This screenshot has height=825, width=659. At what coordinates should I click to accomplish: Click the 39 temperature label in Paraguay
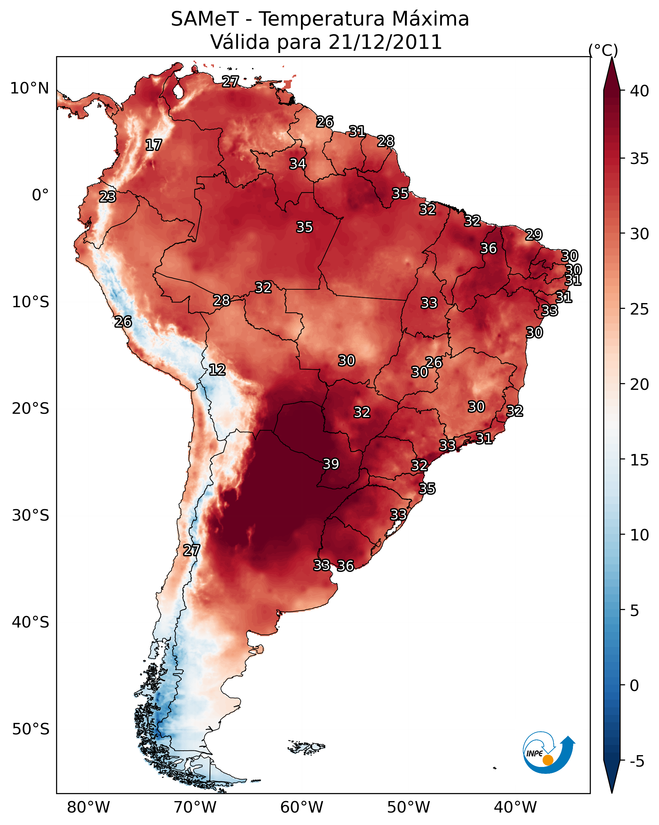(x=331, y=464)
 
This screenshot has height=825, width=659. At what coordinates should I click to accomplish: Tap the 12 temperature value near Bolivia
(x=217, y=370)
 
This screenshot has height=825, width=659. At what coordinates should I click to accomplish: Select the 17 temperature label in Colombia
(x=154, y=145)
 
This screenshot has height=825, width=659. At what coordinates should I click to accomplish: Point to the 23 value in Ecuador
(x=107, y=197)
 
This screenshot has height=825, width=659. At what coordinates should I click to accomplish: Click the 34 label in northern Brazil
(x=297, y=164)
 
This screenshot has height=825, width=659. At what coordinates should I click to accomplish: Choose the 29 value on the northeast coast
(x=534, y=234)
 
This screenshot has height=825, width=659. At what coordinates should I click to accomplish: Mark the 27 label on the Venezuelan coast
(x=231, y=81)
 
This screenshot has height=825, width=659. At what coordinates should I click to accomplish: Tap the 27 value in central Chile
(x=192, y=550)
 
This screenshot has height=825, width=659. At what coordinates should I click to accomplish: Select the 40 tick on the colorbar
(x=640, y=91)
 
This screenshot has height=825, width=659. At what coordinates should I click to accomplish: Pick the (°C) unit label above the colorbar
(x=603, y=50)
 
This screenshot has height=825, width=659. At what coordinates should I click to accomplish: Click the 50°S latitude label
(x=31, y=729)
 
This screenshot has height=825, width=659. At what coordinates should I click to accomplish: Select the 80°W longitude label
(x=88, y=807)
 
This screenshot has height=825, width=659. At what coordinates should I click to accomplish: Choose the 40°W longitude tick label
(x=515, y=807)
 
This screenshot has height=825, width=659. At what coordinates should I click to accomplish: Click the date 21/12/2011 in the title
(x=385, y=42)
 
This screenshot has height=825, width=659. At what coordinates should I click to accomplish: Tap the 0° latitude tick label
(x=40, y=195)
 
